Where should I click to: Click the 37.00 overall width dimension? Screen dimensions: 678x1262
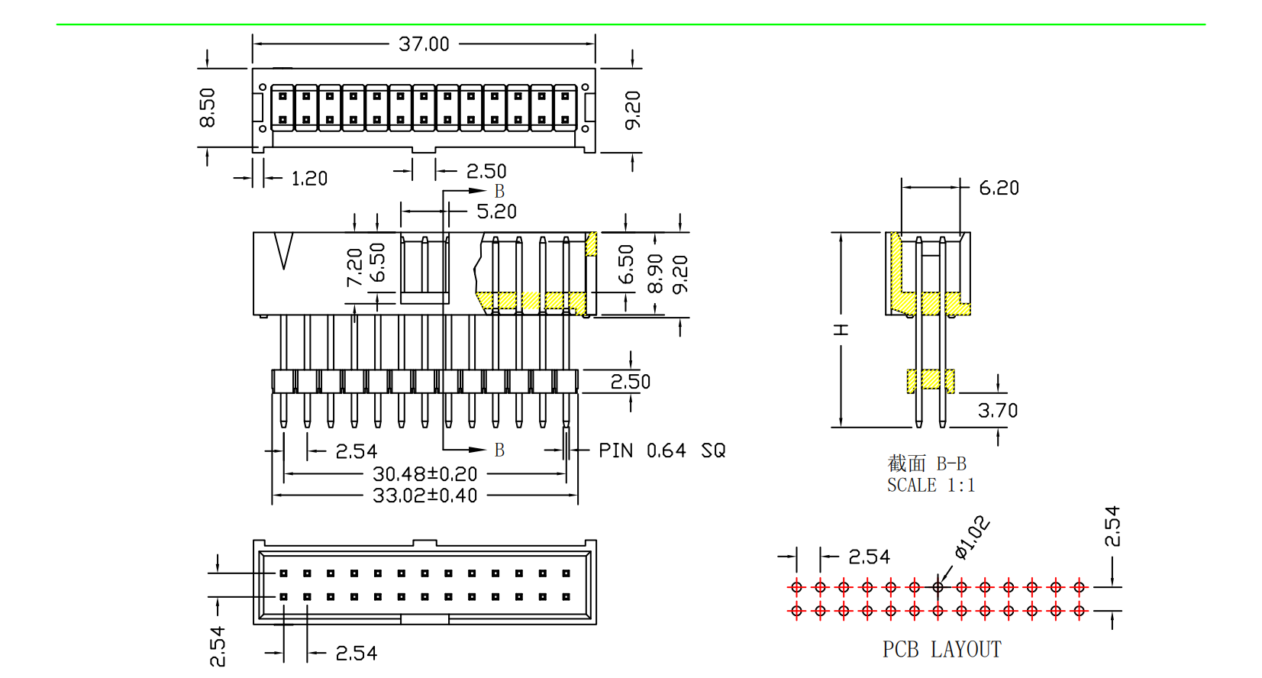click(x=424, y=44)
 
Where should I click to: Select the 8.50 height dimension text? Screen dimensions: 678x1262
click(x=207, y=108)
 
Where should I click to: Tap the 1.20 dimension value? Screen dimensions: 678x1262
click(x=309, y=179)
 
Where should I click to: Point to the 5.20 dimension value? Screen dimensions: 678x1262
click(x=496, y=211)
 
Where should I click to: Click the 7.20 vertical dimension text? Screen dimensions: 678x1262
click(x=354, y=267)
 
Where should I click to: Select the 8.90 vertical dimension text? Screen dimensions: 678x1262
click(x=655, y=273)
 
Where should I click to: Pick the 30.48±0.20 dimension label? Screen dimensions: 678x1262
click(x=424, y=474)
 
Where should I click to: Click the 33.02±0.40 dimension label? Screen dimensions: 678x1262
click(x=424, y=496)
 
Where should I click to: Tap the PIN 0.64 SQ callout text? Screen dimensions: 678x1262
click(x=662, y=451)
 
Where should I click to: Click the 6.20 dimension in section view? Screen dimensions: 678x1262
click(x=999, y=188)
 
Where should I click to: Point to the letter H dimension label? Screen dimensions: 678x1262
click(x=841, y=330)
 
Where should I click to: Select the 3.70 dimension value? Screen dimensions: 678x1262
click(x=998, y=411)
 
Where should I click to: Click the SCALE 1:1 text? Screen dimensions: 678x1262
click(x=931, y=486)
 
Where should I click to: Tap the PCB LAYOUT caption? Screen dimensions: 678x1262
click(x=941, y=650)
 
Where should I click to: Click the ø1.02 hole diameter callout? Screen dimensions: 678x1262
click(x=972, y=538)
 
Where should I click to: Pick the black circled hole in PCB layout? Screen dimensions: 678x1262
click(x=938, y=587)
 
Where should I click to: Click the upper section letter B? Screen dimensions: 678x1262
click(x=499, y=191)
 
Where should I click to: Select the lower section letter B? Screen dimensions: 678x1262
click(x=499, y=450)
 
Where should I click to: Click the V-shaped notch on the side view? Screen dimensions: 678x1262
click(x=284, y=251)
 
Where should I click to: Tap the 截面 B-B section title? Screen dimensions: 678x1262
click(x=927, y=463)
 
